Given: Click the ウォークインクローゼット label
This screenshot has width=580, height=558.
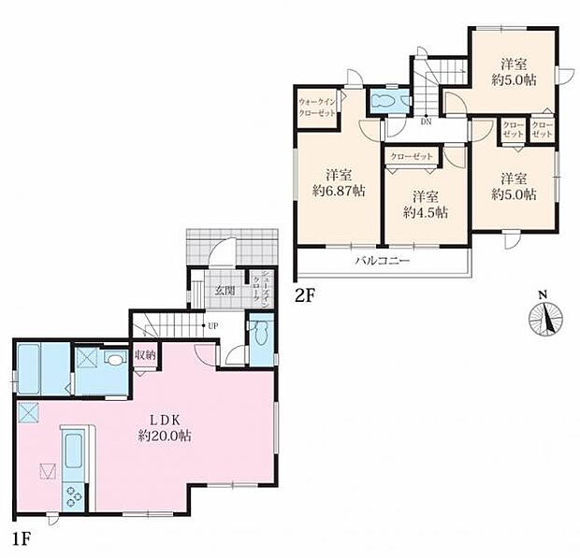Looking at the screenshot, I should (318, 106).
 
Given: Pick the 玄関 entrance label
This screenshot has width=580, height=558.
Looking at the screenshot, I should (225, 291).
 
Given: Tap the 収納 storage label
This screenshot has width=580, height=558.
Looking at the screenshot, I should (144, 354).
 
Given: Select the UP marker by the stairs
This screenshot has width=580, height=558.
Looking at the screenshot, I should (213, 325).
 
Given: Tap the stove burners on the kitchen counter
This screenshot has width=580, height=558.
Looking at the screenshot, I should (73, 495).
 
